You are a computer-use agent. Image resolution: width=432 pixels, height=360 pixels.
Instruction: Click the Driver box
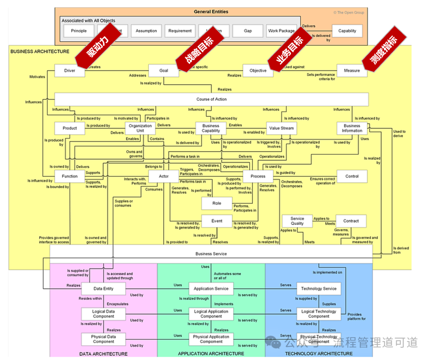tap(70, 71)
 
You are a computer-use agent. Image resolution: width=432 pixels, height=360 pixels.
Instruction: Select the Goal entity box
tap(164, 71)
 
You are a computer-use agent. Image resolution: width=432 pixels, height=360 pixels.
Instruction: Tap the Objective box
tap(258, 71)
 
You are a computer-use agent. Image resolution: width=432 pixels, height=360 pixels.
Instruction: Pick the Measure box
tap(352, 71)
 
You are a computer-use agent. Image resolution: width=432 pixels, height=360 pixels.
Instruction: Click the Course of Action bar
tap(211, 99)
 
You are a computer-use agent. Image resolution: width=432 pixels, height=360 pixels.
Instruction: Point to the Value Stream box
tap(282, 128)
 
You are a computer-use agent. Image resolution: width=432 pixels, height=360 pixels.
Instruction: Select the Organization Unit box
tap(140, 128)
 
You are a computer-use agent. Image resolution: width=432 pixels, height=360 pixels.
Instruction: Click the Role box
tap(217, 203)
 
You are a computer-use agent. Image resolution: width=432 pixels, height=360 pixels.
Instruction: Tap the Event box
tap(217, 221)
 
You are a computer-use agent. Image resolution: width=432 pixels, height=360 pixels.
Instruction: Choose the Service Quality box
tap(297, 221)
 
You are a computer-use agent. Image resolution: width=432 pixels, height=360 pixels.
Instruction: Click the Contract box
tap(351, 221)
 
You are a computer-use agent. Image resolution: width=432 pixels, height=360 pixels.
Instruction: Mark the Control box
tap(352, 176)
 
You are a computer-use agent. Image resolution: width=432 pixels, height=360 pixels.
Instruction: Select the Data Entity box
tap(104, 288)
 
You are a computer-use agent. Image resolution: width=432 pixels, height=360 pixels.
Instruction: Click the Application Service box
tap(211, 288)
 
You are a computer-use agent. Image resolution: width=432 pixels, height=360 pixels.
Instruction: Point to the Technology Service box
tap(319, 288)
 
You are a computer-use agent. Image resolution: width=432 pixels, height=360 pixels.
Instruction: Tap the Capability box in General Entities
tap(347, 31)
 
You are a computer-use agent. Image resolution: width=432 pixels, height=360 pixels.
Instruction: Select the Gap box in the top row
tap(248, 31)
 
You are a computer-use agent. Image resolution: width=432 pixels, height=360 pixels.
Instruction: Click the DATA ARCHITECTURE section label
tap(104, 354)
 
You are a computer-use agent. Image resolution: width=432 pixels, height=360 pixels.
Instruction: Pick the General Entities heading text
tap(211, 12)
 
